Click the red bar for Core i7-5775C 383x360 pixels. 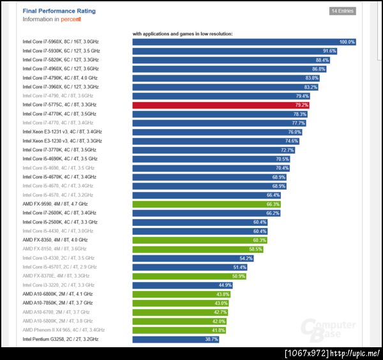click(221, 105)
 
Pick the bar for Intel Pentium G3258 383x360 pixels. click(176, 340)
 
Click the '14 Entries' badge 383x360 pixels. click(342, 11)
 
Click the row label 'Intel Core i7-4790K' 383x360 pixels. click(60, 78)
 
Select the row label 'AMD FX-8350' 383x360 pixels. click(54, 240)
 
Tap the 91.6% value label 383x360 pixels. click(329, 51)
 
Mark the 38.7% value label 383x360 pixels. click(211, 340)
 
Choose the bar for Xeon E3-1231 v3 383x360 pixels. click(218, 132)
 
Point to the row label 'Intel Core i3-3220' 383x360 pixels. click(58, 285)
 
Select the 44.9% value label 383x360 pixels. click(225, 285)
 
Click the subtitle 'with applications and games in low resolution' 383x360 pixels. click(183, 33)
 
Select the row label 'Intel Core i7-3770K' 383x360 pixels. click(60, 150)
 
